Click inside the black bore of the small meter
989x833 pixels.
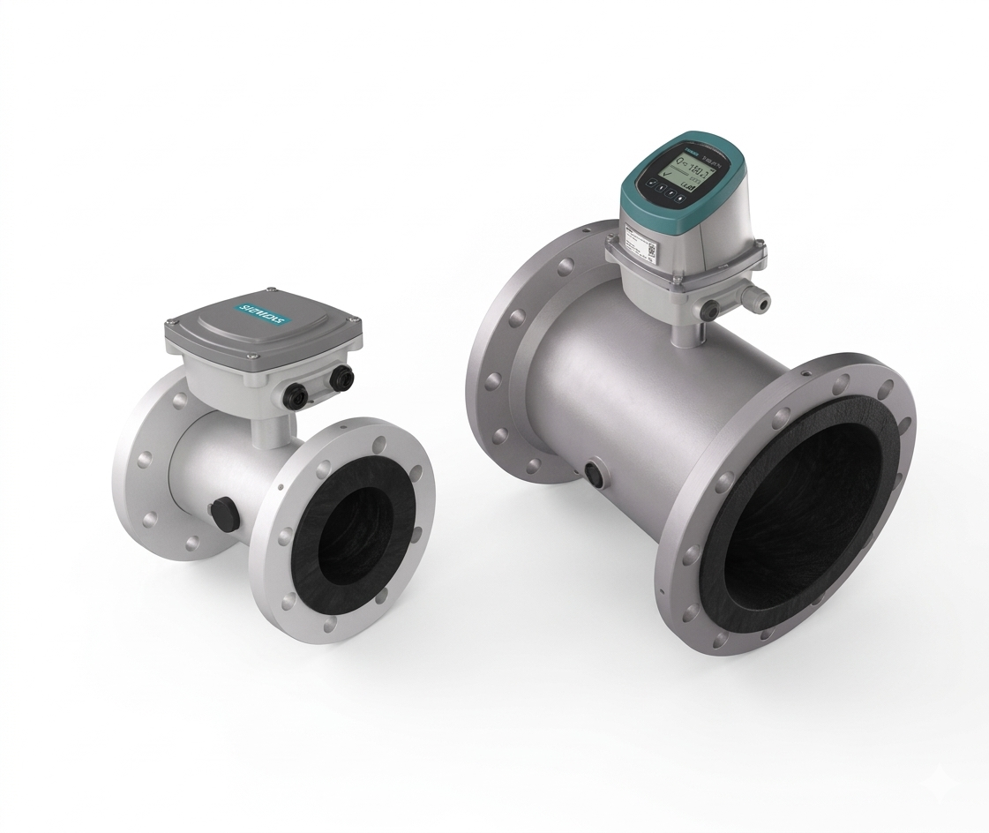click(x=357, y=535)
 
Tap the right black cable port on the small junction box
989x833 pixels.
click(x=341, y=379)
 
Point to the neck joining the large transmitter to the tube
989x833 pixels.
click(x=684, y=332)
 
